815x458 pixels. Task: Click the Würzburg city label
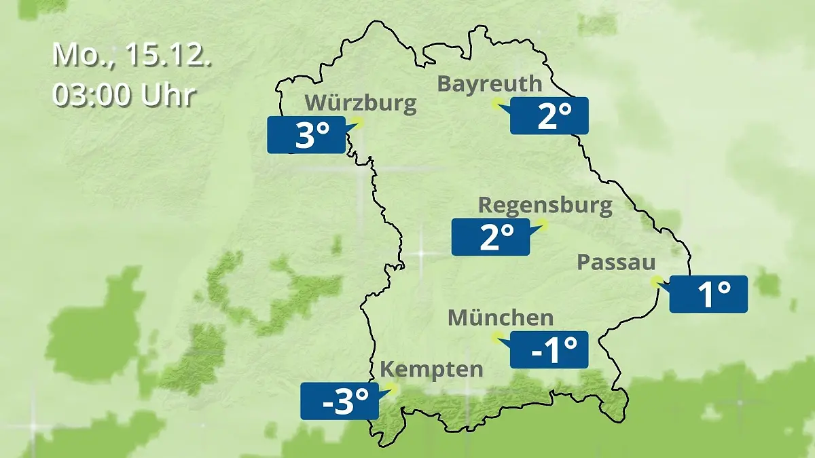[360, 103]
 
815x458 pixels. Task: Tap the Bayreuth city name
[490, 83]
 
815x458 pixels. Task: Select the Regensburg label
[545, 205]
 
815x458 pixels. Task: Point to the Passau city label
[616, 263]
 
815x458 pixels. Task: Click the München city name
[501, 318]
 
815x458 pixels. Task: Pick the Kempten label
[431, 369]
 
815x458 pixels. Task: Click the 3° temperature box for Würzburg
[306, 135]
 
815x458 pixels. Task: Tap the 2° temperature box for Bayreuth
[549, 115]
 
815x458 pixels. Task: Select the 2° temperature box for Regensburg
[490, 237]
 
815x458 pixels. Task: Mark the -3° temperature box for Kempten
[340, 401]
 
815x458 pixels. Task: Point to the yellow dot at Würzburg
[358, 122]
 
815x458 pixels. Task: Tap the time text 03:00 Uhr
[124, 95]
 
